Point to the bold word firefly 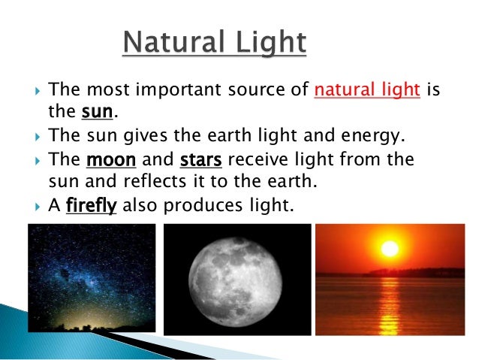point(92,206)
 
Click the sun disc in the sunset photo point(389,248)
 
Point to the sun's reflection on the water point(389,304)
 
